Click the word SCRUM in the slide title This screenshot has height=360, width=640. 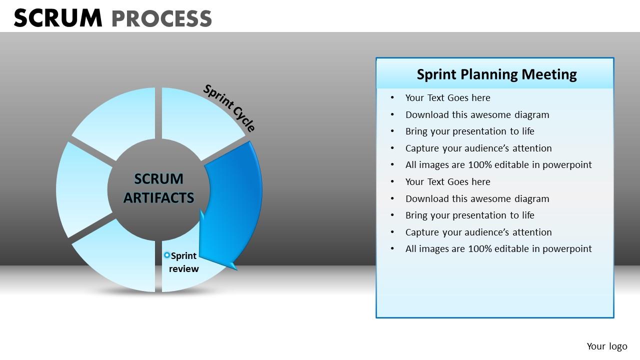57,18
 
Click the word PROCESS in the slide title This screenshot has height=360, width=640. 161,19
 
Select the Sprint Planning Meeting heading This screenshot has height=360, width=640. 496,74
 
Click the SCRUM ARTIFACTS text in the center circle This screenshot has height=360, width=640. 158,188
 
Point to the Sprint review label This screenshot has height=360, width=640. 183,262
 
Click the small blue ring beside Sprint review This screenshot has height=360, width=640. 167,255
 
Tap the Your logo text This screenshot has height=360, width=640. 606,346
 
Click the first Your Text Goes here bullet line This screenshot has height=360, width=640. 447,98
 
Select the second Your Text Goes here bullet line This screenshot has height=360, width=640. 447,182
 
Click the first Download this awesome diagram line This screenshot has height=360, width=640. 477,115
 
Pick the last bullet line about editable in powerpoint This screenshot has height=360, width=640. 498,249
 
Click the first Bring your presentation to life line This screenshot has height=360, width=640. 469,131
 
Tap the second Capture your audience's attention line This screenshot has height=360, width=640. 478,232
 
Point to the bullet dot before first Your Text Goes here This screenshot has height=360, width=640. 392,98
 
